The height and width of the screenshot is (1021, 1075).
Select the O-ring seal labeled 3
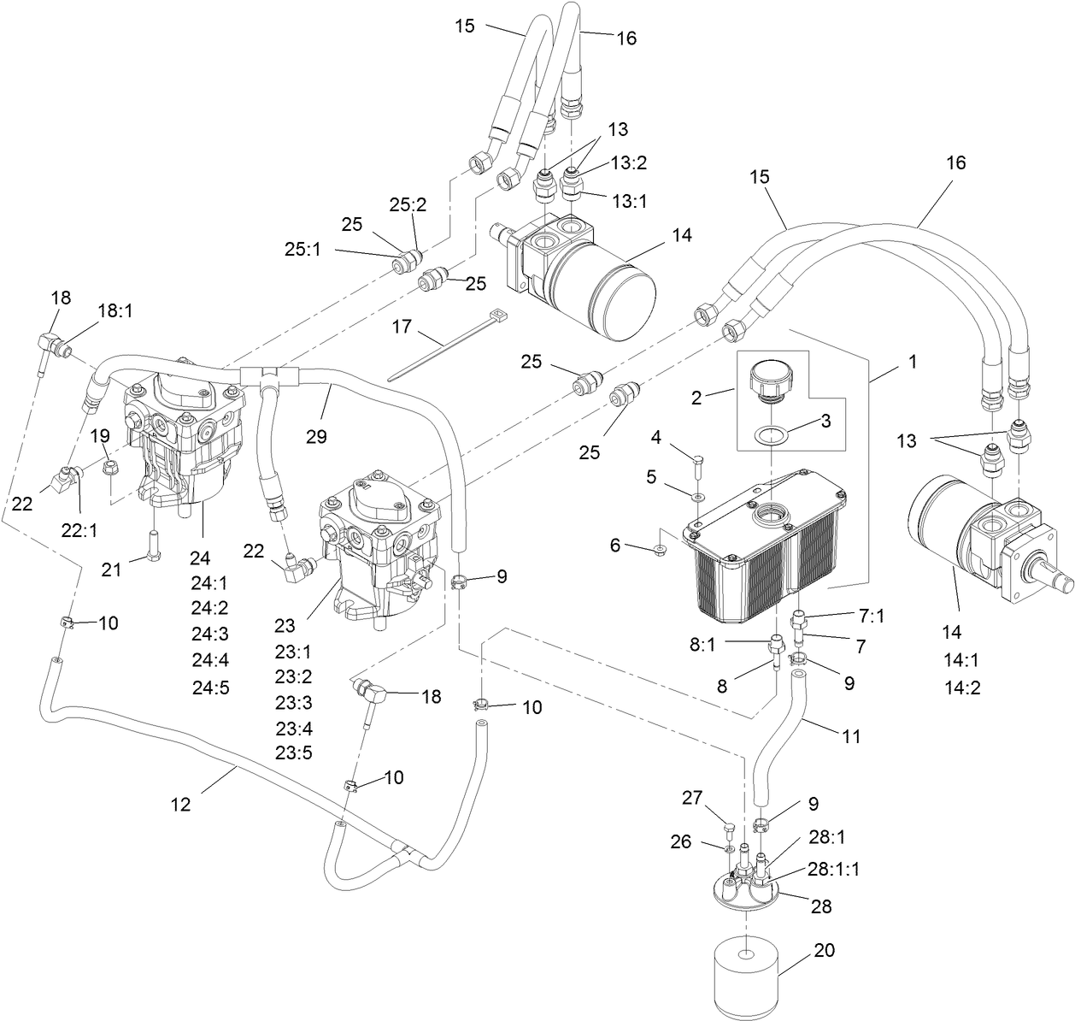(771, 436)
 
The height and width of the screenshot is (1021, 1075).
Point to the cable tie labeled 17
(447, 346)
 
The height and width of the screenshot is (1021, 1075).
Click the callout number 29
(316, 437)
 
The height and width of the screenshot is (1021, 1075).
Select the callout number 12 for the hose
(180, 805)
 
